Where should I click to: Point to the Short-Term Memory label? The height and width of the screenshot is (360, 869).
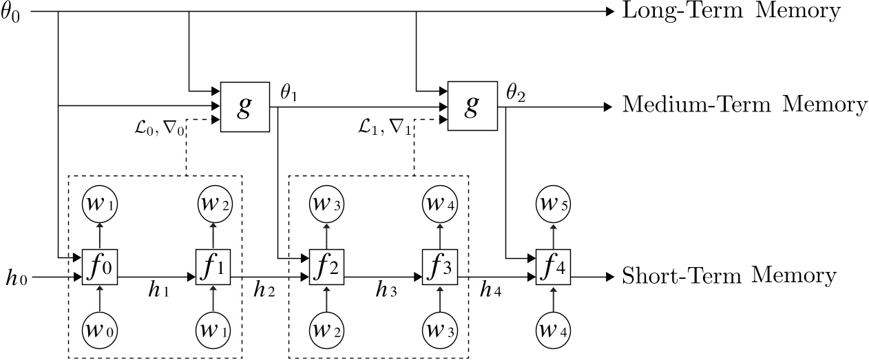729,276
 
